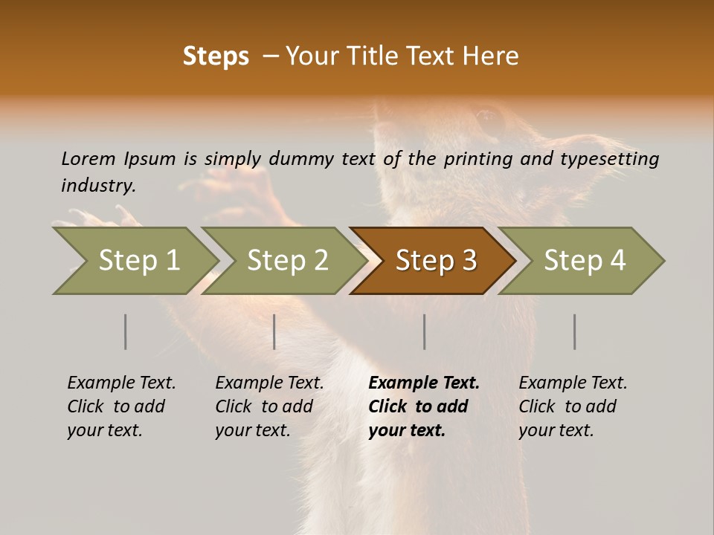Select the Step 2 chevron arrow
[x=287, y=260]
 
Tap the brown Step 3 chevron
[x=436, y=260]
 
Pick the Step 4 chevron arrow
[x=585, y=260]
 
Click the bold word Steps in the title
[x=216, y=56]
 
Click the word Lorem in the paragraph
[x=89, y=158]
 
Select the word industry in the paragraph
[x=98, y=185]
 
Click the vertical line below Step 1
[x=126, y=331]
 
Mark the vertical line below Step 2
[x=274, y=331]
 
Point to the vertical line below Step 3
[x=425, y=331]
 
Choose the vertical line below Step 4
[x=575, y=331]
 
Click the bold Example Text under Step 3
[x=424, y=383]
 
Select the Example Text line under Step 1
[x=121, y=383]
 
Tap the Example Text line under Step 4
[x=573, y=383]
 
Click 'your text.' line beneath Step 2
[x=253, y=430]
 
